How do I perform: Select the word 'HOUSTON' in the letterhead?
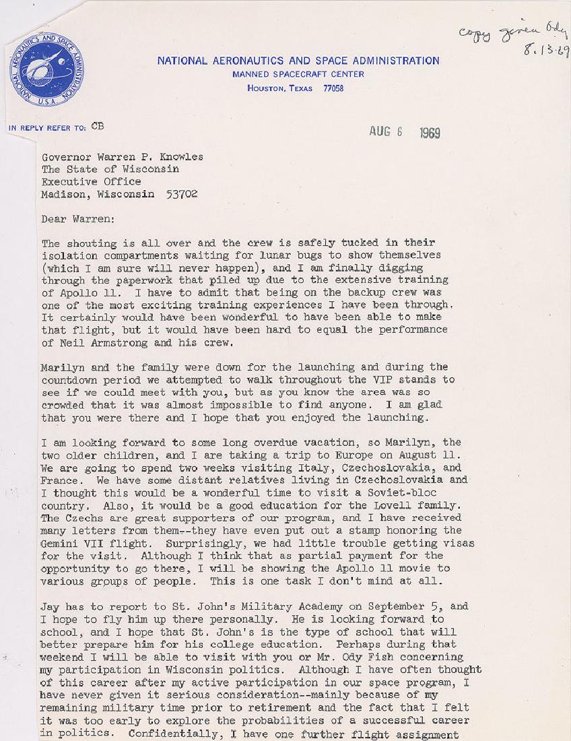point(268,88)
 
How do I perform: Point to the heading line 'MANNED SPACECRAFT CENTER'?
point(298,75)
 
